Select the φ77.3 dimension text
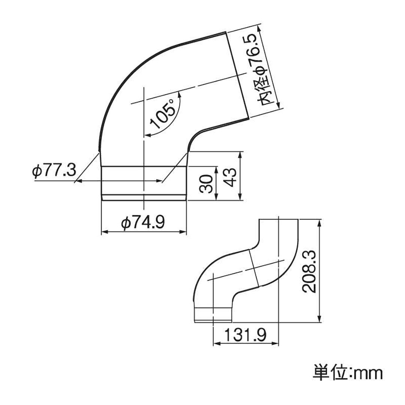pos(54,171)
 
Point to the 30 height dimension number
pos(206,184)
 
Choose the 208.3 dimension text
pos(309,271)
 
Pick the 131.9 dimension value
pos(245,335)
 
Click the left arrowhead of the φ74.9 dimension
pos(104,232)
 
